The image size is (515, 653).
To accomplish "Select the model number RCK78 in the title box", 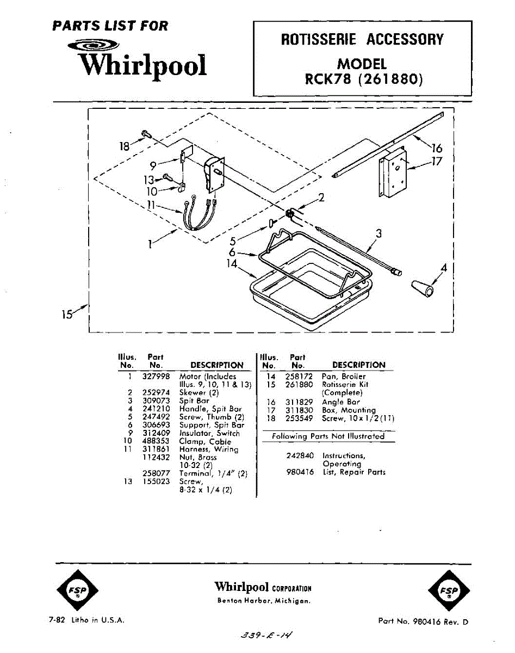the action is [326, 79].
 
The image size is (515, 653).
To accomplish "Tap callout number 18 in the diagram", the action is [125, 146].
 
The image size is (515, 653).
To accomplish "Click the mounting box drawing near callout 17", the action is [392, 172].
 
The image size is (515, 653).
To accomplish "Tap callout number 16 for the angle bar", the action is [436, 147].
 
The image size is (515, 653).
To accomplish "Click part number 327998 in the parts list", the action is [156, 376].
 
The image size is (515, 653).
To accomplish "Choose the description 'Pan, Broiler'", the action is [344, 376].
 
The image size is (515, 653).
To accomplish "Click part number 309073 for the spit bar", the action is [156, 401].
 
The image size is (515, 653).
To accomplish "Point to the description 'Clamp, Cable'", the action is [205, 441].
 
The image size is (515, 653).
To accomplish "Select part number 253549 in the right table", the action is [299, 418].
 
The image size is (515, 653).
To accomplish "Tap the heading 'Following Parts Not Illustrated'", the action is [328, 436].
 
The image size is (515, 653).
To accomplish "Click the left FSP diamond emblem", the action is [77, 590].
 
